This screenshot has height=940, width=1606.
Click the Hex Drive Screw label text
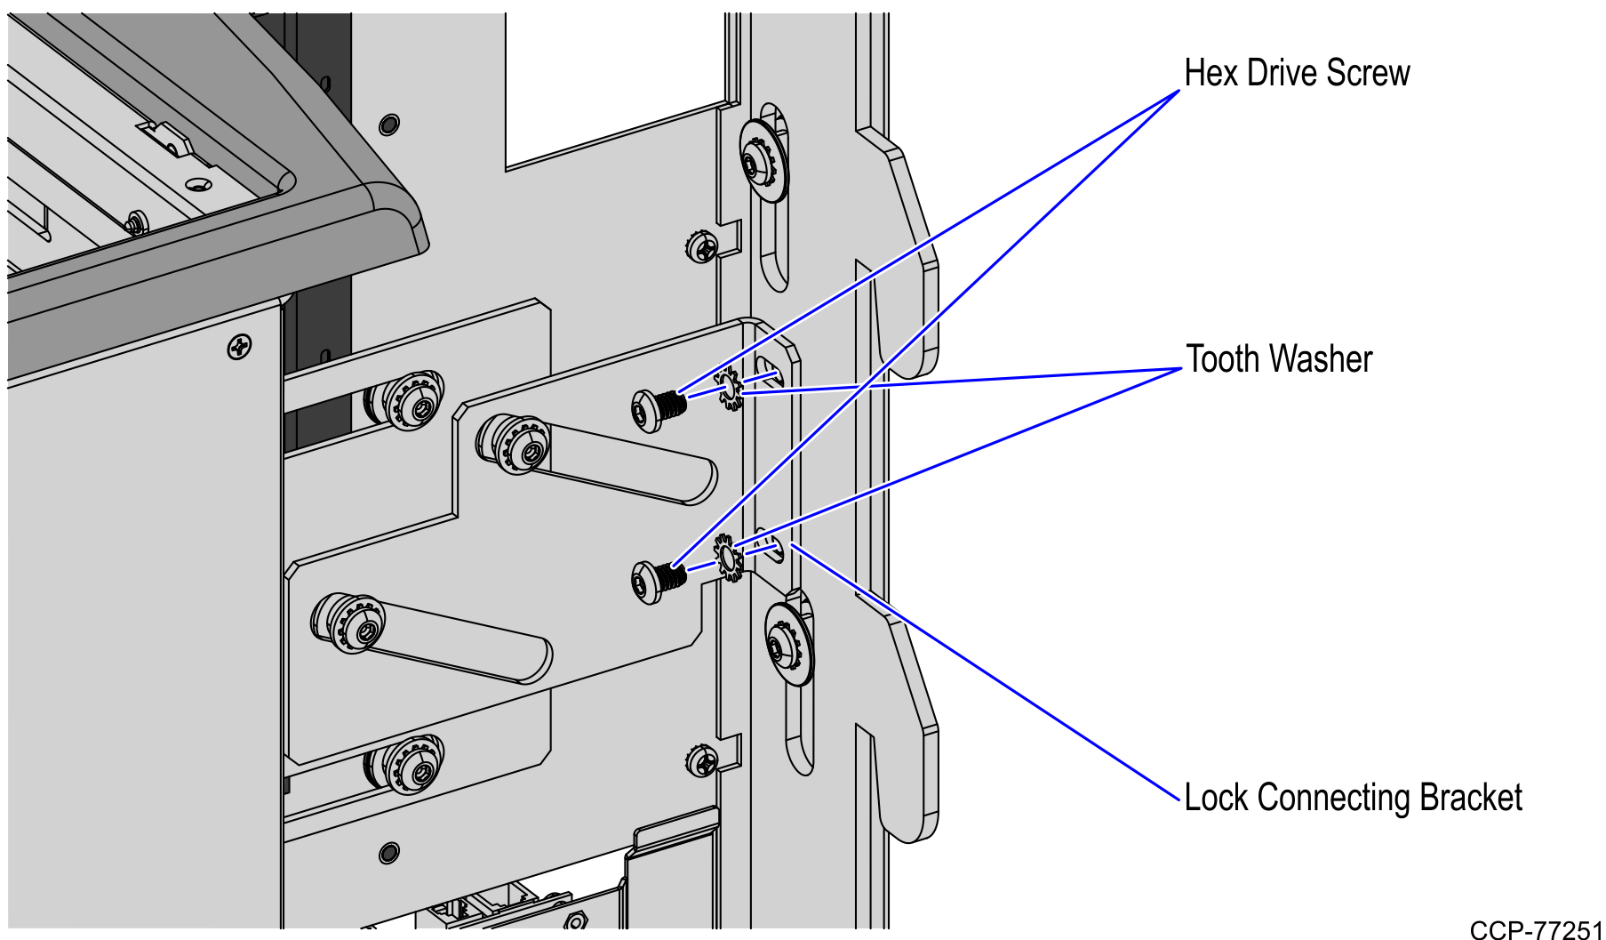click(x=1296, y=73)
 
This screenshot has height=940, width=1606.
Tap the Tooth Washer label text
click(x=1278, y=359)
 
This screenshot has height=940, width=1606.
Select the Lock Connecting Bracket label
click(x=1352, y=798)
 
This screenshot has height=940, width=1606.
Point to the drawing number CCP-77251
click(x=1535, y=930)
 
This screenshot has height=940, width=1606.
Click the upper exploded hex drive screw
click(x=658, y=409)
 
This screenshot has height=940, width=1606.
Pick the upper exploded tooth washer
click(x=731, y=389)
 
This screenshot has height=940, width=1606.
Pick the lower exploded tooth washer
click(x=730, y=558)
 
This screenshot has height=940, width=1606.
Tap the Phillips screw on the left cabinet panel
click(x=239, y=346)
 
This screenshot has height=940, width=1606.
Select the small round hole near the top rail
click(x=388, y=124)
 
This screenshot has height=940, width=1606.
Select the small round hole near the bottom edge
click(x=388, y=853)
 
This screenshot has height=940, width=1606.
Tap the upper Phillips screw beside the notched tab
click(x=702, y=245)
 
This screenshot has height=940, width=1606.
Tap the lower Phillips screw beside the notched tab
click(x=702, y=760)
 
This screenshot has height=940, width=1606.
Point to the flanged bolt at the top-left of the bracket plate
click(x=411, y=403)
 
